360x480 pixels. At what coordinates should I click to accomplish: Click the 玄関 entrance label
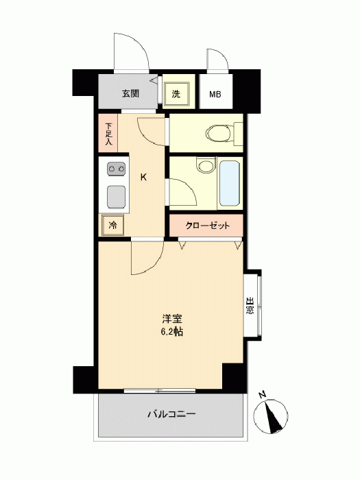pyautogui.click(x=130, y=93)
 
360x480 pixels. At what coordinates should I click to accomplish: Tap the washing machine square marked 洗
pyautogui.click(x=176, y=94)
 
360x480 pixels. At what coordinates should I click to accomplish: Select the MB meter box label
pyautogui.click(x=215, y=95)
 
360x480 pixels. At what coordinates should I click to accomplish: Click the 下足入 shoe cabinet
pyautogui.click(x=108, y=133)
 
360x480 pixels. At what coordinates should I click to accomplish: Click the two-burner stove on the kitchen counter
pyautogui.click(x=116, y=169)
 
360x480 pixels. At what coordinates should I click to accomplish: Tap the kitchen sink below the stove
pyautogui.click(x=116, y=197)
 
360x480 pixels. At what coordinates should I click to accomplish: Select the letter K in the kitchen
pyautogui.click(x=143, y=177)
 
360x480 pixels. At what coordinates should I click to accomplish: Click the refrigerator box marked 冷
pyautogui.click(x=112, y=226)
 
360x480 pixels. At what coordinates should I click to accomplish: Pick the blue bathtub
pyautogui.click(x=230, y=183)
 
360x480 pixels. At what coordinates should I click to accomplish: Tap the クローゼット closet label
pyautogui.click(x=207, y=226)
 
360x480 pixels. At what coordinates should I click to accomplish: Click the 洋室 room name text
pyautogui.click(x=172, y=320)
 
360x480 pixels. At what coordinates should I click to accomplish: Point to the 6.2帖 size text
pyautogui.click(x=172, y=331)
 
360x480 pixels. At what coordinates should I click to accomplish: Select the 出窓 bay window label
pyautogui.click(x=250, y=305)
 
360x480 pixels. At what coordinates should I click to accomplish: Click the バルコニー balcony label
pyautogui.click(x=171, y=414)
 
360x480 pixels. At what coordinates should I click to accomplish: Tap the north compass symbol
pyautogui.click(x=271, y=416)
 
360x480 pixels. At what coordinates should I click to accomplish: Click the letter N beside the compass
pyautogui.click(x=262, y=394)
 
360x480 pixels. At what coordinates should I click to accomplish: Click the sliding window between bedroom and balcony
pyautogui.click(x=160, y=391)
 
